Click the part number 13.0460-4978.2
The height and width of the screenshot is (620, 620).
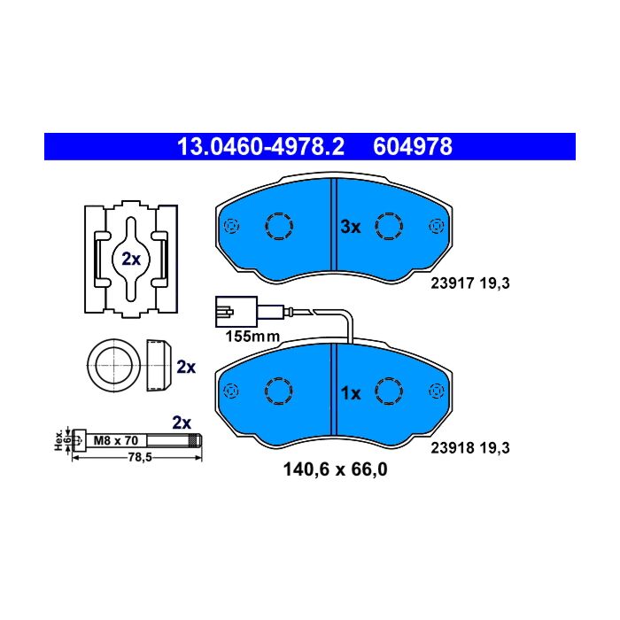pyautogui.click(x=260, y=147)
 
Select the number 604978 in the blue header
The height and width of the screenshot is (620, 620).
pyautogui.click(x=413, y=147)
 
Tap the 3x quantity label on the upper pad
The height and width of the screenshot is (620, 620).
pyautogui.click(x=351, y=227)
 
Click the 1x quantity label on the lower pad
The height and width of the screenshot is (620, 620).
pyautogui.click(x=351, y=393)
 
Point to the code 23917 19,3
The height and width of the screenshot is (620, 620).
pyautogui.click(x=470, y=283)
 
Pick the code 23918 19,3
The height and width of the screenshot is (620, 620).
pyautogui.click(x=470, y=447)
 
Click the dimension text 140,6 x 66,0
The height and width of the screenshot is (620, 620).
pyautogui.click(x=336, y=469)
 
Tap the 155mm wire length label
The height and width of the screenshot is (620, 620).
pyautogui.click(x=252, y=336)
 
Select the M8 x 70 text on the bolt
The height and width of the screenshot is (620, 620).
pyautogui.click(x=116, y=440)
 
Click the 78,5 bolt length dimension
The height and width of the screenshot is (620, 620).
pyautogui.click(x=140, y=458)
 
